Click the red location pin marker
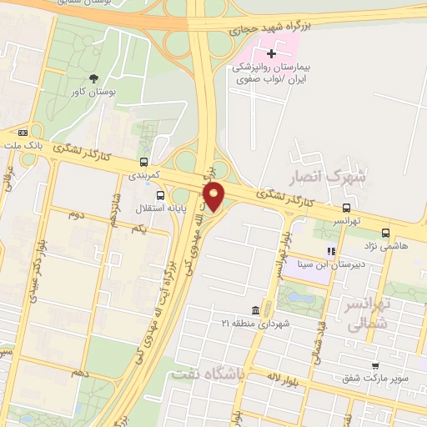click(x=214, y=195)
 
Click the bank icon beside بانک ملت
click(x=23, y=132)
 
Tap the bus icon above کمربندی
click(x=144, y=163)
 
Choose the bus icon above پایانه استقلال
click(x=159, y=196)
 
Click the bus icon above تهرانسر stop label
click(x=346, y=208)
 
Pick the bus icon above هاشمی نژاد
click(x=385, y=233)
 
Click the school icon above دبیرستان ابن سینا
click(x=331, y=250)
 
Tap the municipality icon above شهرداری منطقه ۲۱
click(x=265, y=309)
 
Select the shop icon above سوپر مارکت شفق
click(x=375, y=365)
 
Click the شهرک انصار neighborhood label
click(x=328, y=178)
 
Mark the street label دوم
click(x=77, y=214)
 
